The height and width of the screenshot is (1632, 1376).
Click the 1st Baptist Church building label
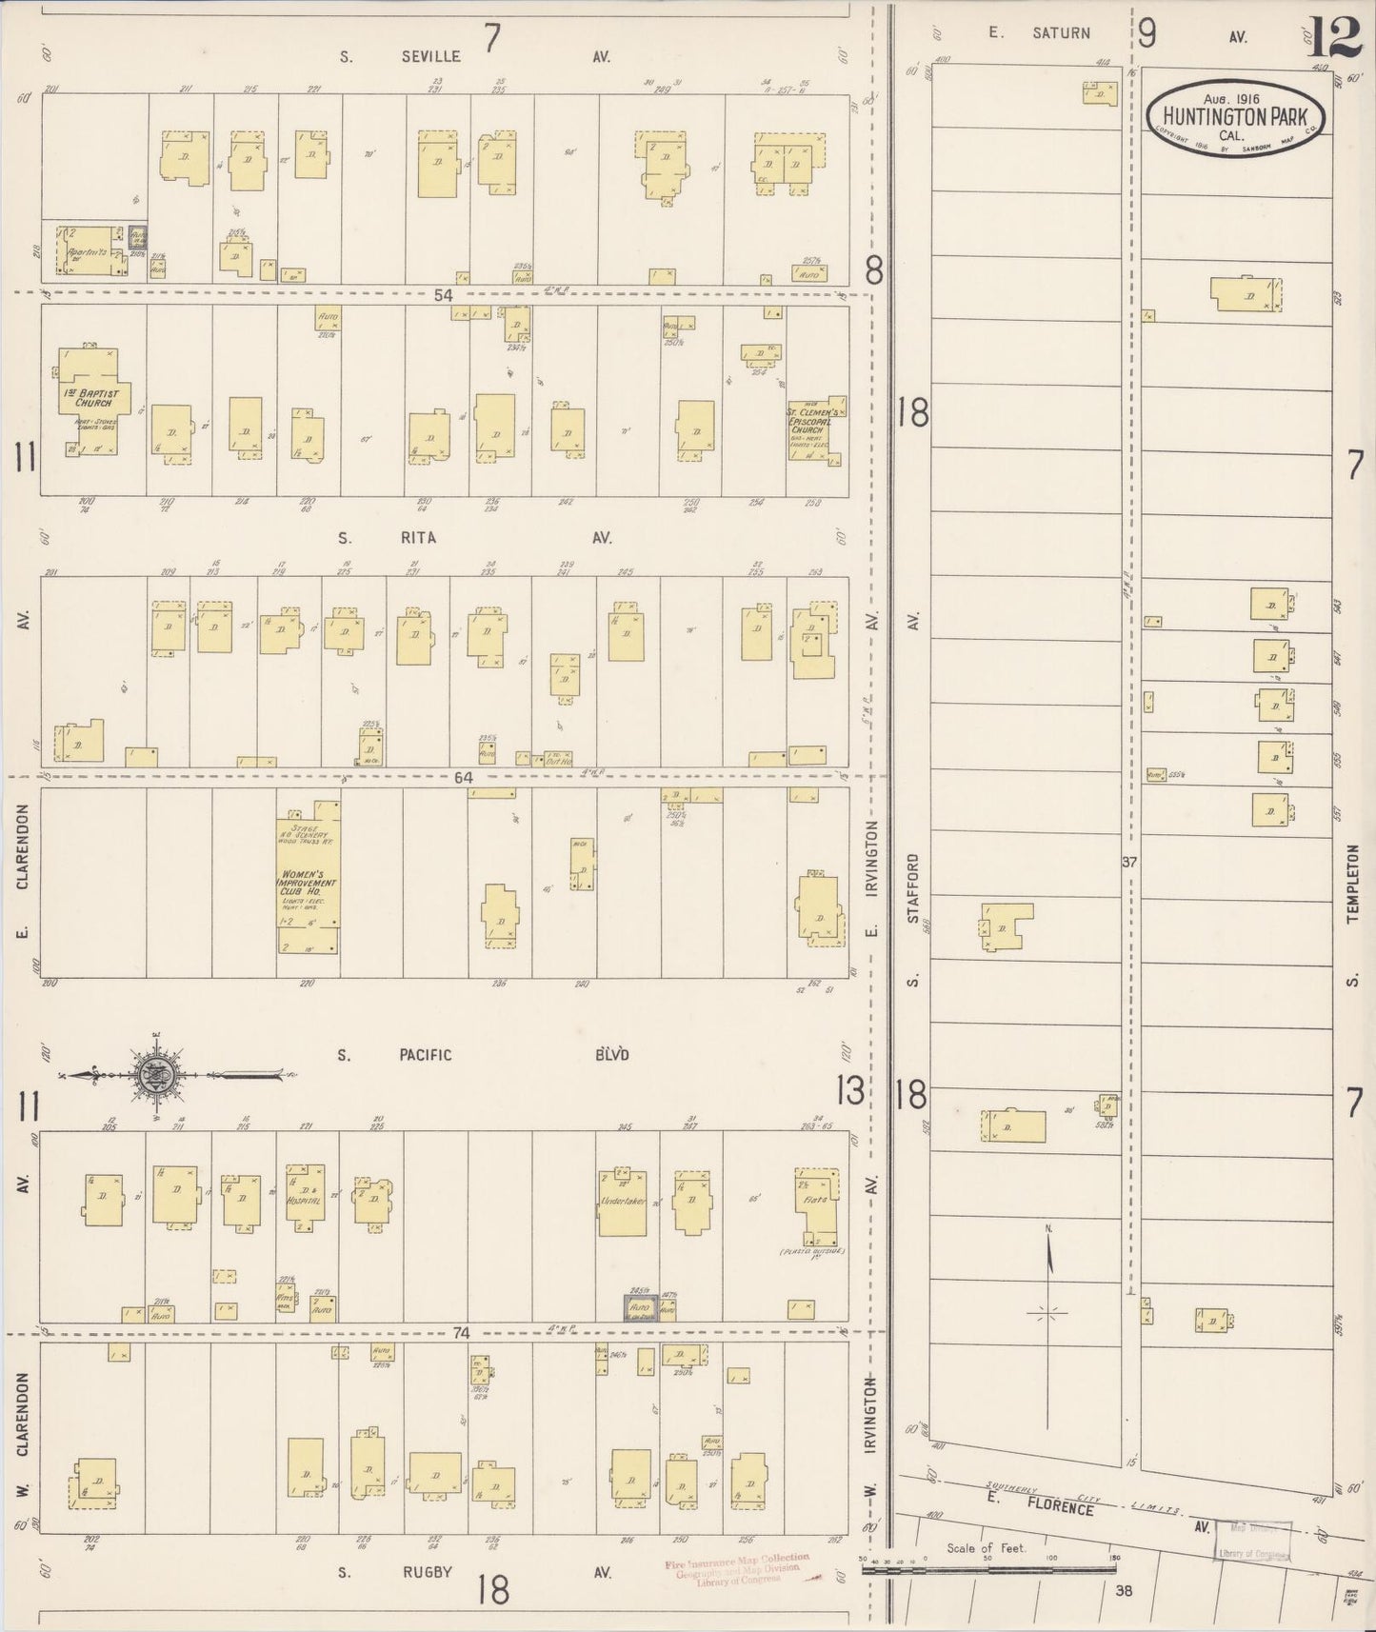[94, 397]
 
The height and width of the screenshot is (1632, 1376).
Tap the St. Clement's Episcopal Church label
[809, 422]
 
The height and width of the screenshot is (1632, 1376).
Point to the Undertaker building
[623, 1202]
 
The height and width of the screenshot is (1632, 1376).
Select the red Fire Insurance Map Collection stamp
[737, 1567]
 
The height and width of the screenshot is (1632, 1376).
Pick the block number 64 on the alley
[463, 778]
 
